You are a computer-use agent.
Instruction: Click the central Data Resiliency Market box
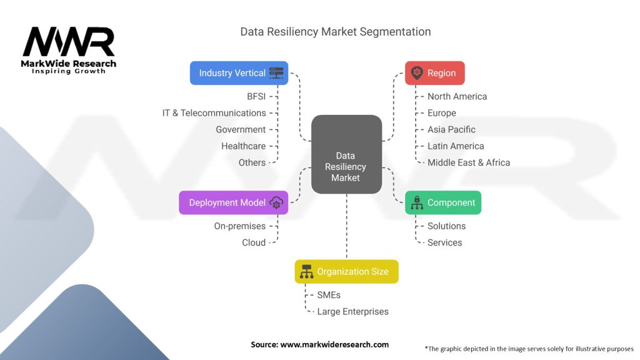pos(346,154)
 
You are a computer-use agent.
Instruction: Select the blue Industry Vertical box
pos(239,73)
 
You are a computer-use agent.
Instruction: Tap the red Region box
pos(434,73)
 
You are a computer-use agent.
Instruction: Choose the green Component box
pos(443,202)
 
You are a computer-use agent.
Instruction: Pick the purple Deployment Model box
pos(233,202)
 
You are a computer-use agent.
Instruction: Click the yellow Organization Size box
pos(346,271)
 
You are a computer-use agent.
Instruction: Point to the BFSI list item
pos(256,96)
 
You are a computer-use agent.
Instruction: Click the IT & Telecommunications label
pos(214,113)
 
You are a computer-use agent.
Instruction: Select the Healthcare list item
pos(243,146)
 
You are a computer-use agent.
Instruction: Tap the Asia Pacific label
pos(451,129)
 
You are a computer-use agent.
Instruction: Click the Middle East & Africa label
pos(469,162)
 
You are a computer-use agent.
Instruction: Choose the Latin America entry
pos(456,146)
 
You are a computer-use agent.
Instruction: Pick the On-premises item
pos(239,226)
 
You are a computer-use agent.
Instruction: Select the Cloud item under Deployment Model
pos(254,242)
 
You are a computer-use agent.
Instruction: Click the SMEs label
pos(329,295)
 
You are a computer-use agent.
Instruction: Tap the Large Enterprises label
pos(352,311)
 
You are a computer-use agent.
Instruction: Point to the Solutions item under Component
pos(446,226)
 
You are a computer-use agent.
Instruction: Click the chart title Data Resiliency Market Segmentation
pos(336,31)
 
